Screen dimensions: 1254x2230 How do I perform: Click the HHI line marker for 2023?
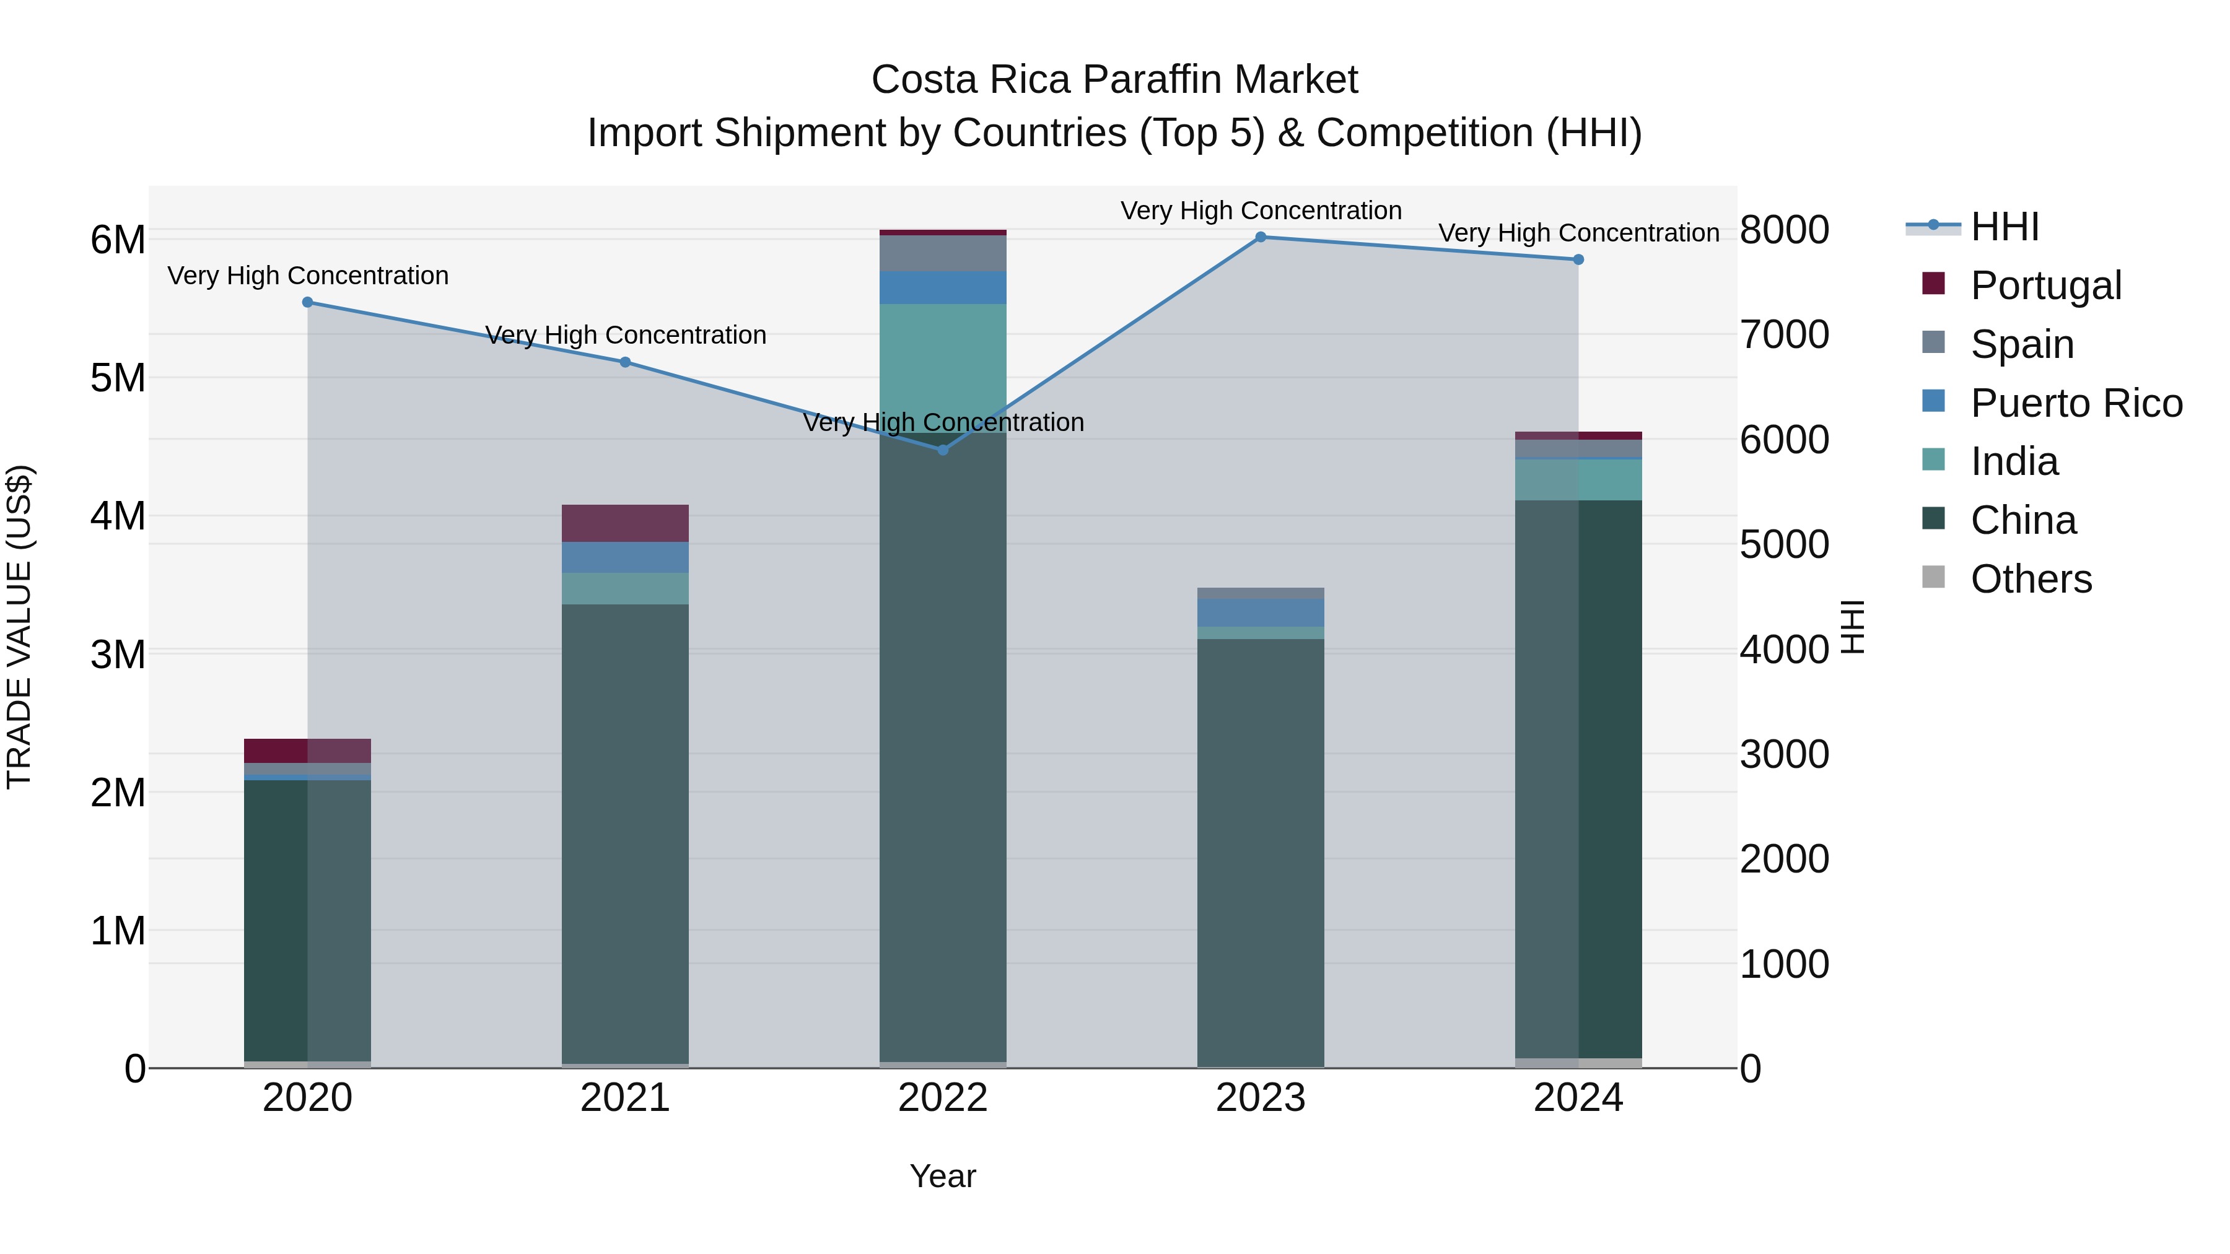click(x=1261, y=237)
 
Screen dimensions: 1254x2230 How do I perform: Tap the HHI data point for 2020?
click(x=307, y=302)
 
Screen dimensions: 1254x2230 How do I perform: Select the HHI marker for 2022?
click(x=943, y=450)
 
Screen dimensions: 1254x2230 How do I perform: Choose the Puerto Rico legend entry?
click(x=2076, y=403)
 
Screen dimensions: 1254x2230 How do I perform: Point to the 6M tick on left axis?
click(x=118, y=240)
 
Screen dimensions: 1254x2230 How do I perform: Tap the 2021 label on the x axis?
click(x=625, y=1098)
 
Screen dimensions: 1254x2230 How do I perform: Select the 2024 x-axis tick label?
click(x=1578, y=1098)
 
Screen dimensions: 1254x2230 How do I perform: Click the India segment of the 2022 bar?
click(x=943, y=364)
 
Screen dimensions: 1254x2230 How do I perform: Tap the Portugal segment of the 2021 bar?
click(x=625, y=523)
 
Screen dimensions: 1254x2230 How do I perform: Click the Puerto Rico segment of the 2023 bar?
click(x=1261, y=612)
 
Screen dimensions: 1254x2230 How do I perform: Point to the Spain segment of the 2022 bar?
click(x=943, y=253)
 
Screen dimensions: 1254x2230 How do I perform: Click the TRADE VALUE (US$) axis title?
click(x=19, y=627)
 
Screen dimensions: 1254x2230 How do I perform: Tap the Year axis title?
click(x=943, y=1176)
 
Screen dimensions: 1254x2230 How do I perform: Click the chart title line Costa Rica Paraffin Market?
click(x=1114, y=80)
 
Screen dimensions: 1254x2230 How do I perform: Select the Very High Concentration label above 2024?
click(x=1578, y=233)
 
